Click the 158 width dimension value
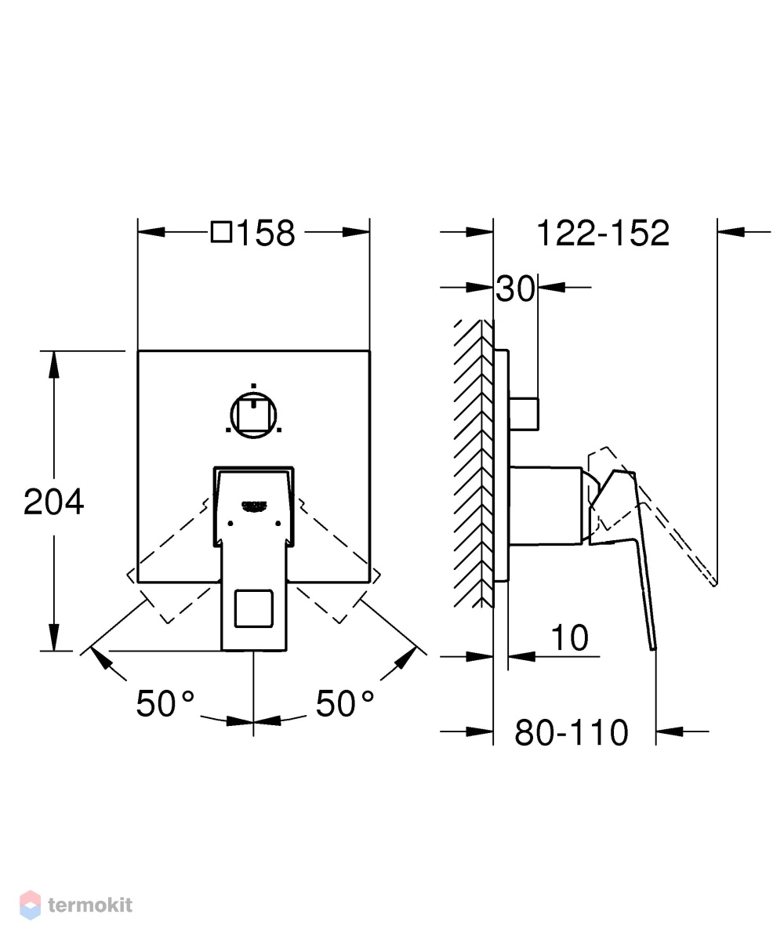coord(266,233)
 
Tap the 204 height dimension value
coord(54,502)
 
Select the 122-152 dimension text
coord(602,233)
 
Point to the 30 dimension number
coord(515,289)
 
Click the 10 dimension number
coord(569,637)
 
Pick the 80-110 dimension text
coord(572,732)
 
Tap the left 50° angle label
coord(165,703)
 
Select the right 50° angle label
coord(345,703)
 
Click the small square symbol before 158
coord(222,232)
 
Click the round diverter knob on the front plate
coord(253,415)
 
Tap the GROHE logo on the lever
coord(253,506)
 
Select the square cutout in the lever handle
coord(253,608)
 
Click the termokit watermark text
coord(90,906)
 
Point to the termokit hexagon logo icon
coord(30,906)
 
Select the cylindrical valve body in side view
coord(546,506)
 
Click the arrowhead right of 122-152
coord(731,231)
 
